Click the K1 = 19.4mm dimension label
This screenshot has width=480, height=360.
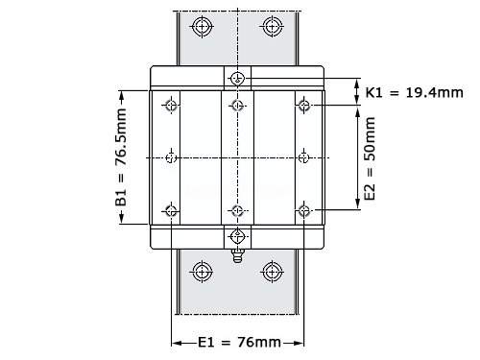point(415,93)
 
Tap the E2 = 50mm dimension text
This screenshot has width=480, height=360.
point(370,158)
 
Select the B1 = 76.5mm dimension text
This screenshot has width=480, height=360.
point(121,156)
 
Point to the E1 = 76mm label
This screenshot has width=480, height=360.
point(239,343)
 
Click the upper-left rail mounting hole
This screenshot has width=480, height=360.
point(202,26)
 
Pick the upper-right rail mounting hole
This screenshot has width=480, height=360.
point(273,26)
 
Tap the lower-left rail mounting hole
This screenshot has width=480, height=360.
point(202,272)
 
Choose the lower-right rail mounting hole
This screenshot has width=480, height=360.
point(273,272)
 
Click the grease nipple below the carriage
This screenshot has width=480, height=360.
point(237,255)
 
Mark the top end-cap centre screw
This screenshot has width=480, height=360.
point(237,78)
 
